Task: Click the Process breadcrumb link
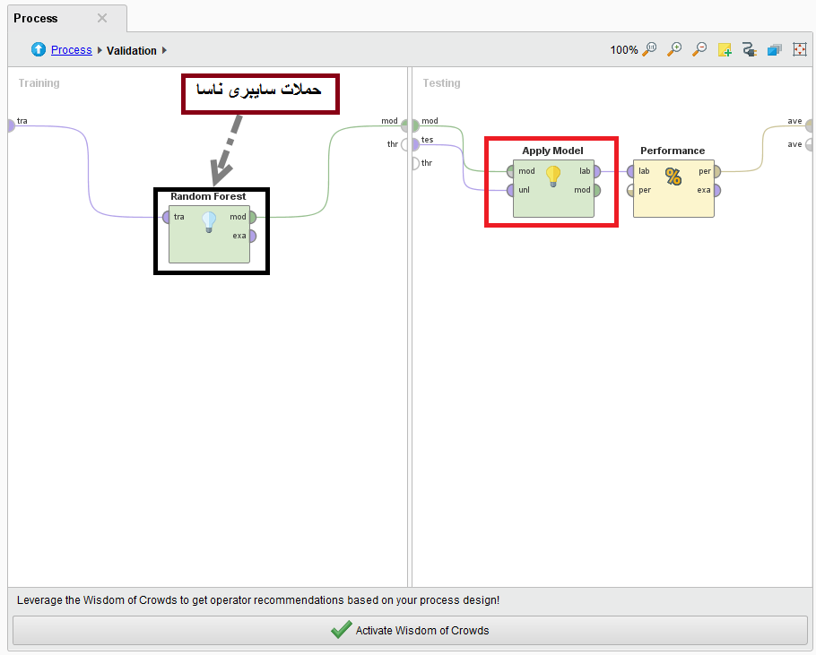pyautogui.click(x=72, y=50)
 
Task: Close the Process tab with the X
pyautogui.click(x=102, y=18)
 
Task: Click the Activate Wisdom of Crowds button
pyautogui.click(x=410, y=630)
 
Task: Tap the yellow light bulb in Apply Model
pyautogui.click(x=553, y=177)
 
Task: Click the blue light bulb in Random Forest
pyautogui.click(x=209, y=222)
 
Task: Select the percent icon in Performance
pyautogui.click(x=673, y=177)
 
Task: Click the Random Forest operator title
pyautogui.click(x=208, y=196)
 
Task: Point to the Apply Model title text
pyautogui.click(x=552, y=151)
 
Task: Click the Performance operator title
pyautogui.click(x=673, y=151)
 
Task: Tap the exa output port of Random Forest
pyautogui.click(x=252, y=236)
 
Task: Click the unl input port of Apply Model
pyautogui.click(x=510, y=190)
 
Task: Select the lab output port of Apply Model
pyautogui.click(x=596, y=171)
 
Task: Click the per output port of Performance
pyautogui.click(x=717, y=171)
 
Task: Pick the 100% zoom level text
pyautogui.click(x=624, y=50)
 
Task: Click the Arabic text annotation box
pyautogui.click(x=260, y=93)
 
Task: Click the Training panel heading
pyautogui.click(x=39, y=83)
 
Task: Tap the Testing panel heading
pyautogui.click(x=441, y=83)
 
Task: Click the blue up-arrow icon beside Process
pyautogui.click(x=39, y=49)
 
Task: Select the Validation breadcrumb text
pyautogui.click(x=132, y=50)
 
